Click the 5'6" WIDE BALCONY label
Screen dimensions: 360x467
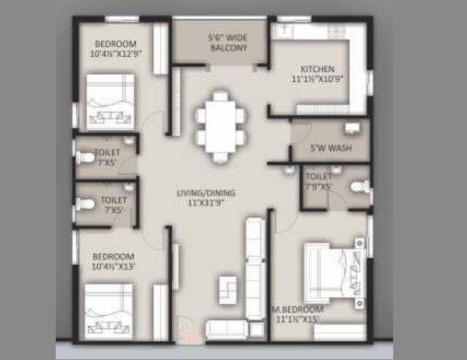click(228, 42)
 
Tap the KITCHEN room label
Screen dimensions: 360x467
click(317, 70)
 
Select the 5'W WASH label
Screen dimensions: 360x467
click(330, 148)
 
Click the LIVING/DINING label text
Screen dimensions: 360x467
click(206, 193)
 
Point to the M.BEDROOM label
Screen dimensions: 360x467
click(298, 309)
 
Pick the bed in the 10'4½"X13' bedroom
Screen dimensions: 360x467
click(109, 312)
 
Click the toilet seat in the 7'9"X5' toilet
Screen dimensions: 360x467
click(358, 187)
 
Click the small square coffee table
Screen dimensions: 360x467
click(228, 288)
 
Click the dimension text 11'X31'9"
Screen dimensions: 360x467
click(206, 203)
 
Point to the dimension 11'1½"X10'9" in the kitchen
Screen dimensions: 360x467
click(317, 79)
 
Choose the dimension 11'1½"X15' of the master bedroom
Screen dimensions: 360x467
click(298, 319)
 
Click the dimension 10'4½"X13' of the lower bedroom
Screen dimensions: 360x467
click(113, 265)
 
